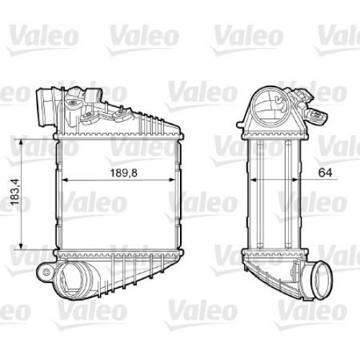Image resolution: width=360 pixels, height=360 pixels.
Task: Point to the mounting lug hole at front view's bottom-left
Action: (x=45, y=272)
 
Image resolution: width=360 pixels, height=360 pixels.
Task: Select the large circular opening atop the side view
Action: (x=271, y=108)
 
